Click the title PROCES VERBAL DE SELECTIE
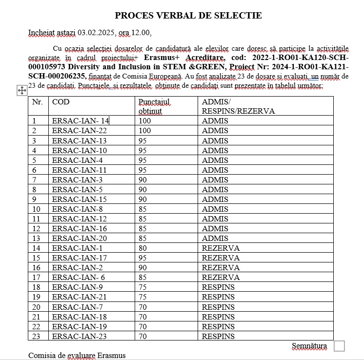pos(188,16)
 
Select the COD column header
pos(61,102)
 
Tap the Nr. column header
pos(37,102)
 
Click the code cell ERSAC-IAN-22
pos(79,131)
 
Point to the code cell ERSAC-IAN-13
pos(79,140)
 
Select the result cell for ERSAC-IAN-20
pos(215,238)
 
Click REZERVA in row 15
pos(221,258)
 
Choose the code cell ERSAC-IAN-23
pos(79,336)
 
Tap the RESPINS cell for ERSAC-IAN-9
pos(218,287)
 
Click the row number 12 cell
pos(37,219)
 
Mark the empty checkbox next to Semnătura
pos(339,346)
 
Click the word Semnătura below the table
pos(309,346)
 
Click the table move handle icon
pos(22,90)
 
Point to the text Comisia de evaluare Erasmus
pos(77,355)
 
